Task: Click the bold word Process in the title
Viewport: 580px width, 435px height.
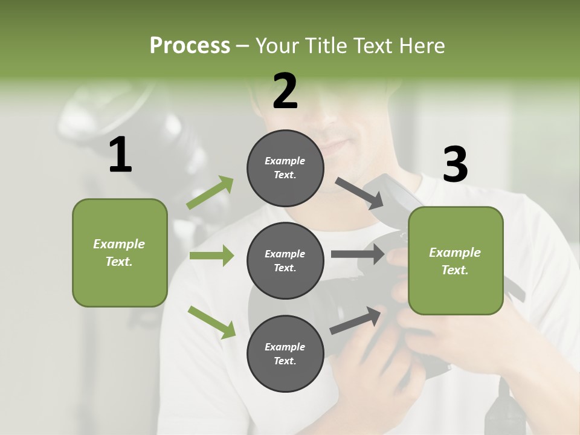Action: (190, 46)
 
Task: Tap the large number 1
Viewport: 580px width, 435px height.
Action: (120, 155)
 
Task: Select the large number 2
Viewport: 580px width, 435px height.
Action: (285, 91)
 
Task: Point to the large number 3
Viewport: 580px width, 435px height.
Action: (455, 165)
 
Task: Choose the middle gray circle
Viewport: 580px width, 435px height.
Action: (285, 260)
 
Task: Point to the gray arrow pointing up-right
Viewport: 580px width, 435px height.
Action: (356, 321)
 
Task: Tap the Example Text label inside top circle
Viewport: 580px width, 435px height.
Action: (285, 168)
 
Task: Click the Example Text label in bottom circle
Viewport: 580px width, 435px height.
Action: (285, 354)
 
